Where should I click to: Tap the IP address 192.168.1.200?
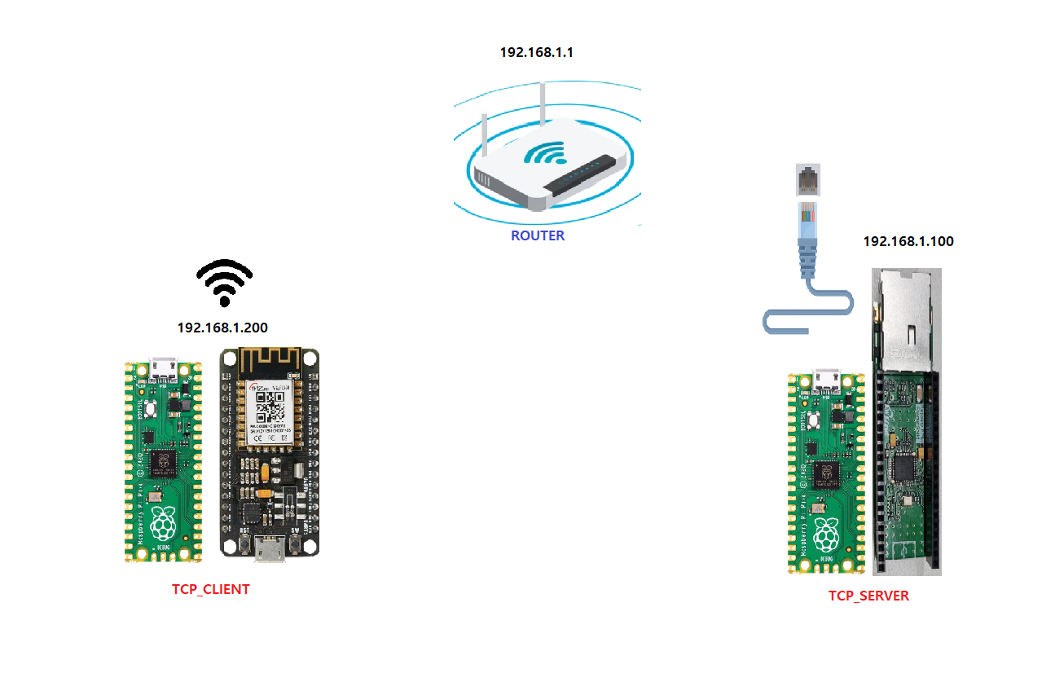click(x=222, y=328)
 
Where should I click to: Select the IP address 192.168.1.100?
click(x=908, y=241)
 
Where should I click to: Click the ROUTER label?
click(x=538, y=236)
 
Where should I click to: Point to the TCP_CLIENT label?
click(x=210, y=589)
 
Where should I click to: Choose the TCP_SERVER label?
click(x=868, y=596)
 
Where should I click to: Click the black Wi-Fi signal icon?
click(x=225, y=282)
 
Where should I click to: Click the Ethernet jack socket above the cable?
click(x=807, y=179)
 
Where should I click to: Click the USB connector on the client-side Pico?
click(x=164, y=368)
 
